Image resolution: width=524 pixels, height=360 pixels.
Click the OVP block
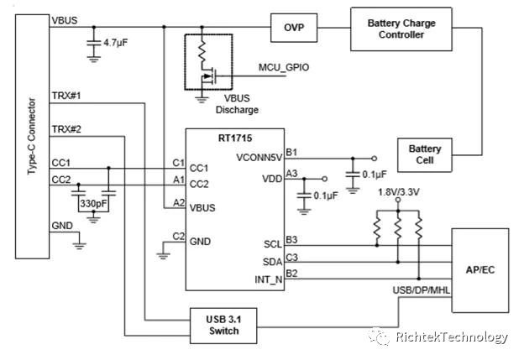tap(293, 29)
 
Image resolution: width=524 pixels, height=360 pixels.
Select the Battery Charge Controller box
tap(402, 29)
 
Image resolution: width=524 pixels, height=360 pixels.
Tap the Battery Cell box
tap(424, 154)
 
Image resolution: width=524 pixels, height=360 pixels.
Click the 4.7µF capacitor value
tap(116, 40)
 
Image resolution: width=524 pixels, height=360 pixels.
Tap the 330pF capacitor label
tap(93, 203)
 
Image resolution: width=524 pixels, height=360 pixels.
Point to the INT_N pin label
tap(269, 278)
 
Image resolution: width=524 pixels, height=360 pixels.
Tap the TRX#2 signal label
tap(65, 129)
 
